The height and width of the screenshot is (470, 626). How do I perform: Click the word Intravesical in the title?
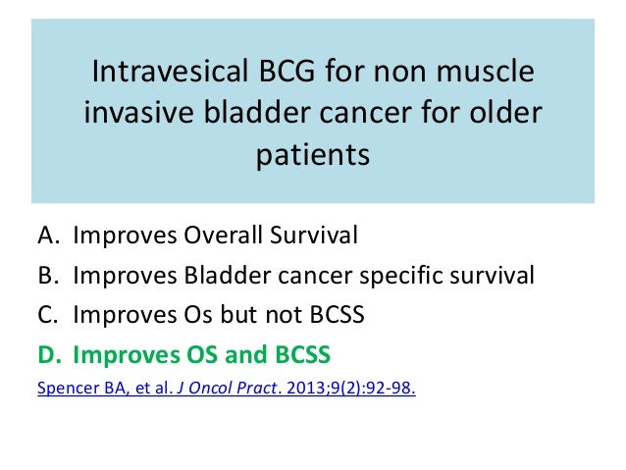(171, 71)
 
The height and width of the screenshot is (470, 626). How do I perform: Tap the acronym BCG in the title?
(287, 71)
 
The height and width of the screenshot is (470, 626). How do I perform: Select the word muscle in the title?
(485, 71)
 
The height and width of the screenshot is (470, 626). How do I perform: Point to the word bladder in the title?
(257, 112)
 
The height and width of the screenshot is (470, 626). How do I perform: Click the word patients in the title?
(313, 155)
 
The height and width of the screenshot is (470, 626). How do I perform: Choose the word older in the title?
(505, 112)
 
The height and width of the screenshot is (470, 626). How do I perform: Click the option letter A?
(48, 235)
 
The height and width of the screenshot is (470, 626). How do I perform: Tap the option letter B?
(48, 276)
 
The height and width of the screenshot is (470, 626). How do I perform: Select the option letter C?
(47, 314)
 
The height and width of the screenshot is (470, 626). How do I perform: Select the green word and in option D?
(246, 354)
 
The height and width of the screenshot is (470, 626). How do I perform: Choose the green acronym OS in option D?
(202, 354)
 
